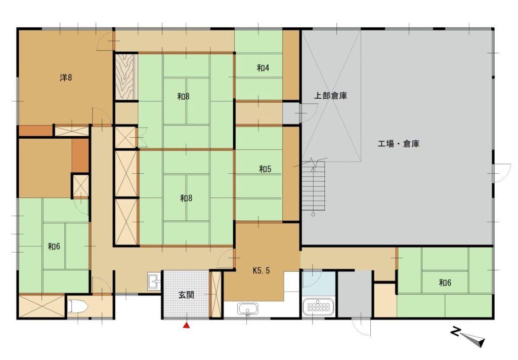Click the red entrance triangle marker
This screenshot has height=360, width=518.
pos(187,326)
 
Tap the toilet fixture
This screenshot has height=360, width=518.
pos(78,306)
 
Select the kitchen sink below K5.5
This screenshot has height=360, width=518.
pos(247,309)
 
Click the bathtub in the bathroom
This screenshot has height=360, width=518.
pos(318,307)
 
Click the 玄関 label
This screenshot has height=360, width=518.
pos(186,295)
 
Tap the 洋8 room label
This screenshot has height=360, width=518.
pos(66,77)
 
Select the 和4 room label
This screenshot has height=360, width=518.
pos(263,68)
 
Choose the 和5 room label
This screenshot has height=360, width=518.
pos(265,169)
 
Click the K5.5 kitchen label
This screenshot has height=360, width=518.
pos(261,270)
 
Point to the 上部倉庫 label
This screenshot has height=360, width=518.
pos(330,96)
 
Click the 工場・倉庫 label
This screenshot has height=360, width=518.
pos(399,144)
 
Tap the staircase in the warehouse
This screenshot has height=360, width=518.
pos(314,186)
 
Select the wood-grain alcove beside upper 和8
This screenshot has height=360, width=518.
pos(124,76)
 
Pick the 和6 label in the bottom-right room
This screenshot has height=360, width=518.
pos(445,283)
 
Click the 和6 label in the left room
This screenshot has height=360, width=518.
pos(54,246)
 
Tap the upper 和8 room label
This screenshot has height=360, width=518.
pos(183,97)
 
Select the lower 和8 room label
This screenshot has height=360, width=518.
pos(186,198)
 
